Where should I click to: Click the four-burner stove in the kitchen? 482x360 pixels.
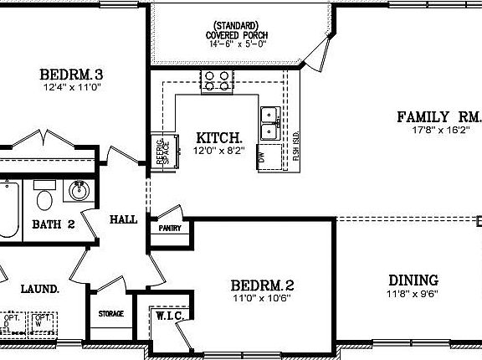(x=216, y=80)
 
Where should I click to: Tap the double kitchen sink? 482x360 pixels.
(x=269, y=123)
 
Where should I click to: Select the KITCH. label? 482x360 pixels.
(x=219, y=137)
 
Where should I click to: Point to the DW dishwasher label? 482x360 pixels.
(x=262, y=156)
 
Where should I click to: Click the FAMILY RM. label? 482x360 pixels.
(x=438, y=116)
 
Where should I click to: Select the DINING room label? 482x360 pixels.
(x=413, y=280)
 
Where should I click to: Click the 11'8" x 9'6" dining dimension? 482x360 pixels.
(x=413, y=294)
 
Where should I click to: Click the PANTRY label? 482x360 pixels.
(x=164, y=227)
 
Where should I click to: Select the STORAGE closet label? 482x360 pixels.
(x=110, y=314)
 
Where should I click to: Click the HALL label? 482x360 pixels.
(x=123, y=219)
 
